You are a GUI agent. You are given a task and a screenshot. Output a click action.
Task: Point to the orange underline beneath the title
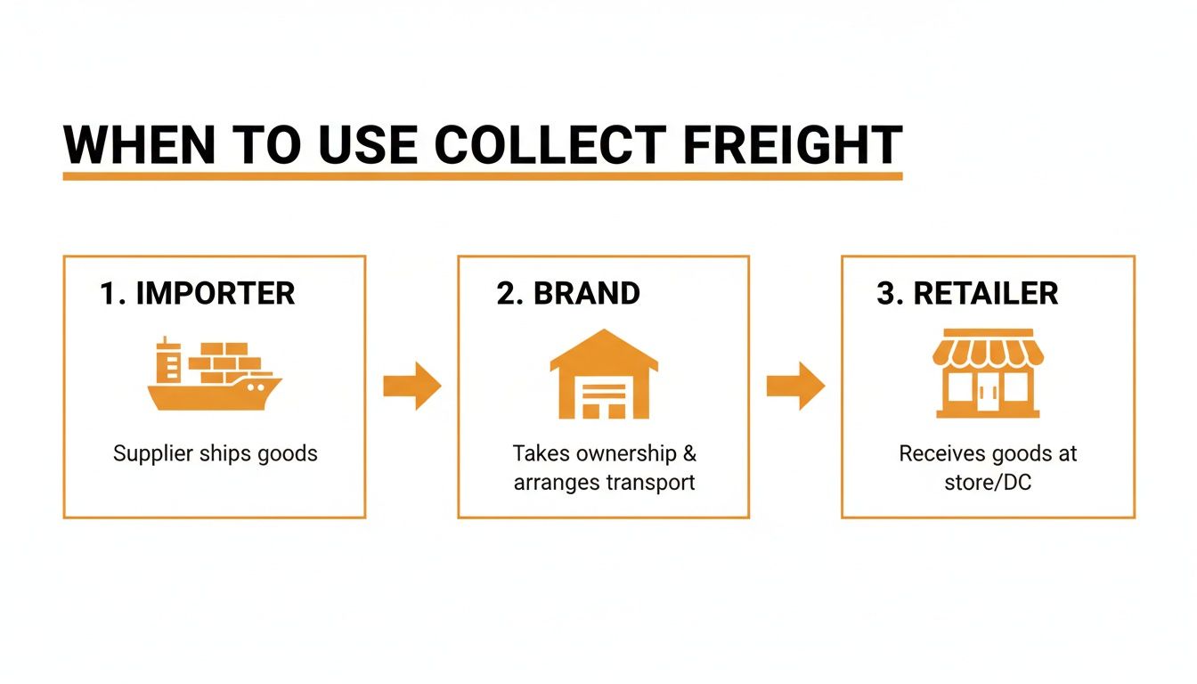[x=482, y=176]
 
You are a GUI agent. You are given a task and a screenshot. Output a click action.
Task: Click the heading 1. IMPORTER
[x=197, y=293]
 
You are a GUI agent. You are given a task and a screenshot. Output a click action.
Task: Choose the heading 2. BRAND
[x=568, y=293]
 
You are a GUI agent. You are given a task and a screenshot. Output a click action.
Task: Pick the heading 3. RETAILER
[x=967, y=293]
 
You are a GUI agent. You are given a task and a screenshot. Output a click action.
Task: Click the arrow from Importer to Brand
[x=411, y=386]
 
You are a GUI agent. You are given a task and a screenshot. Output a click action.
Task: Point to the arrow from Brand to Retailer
[x=795, y=386]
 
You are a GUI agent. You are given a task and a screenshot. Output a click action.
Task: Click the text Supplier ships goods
[x=215, y=453]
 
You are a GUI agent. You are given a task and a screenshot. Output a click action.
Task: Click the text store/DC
[x=988, y=483]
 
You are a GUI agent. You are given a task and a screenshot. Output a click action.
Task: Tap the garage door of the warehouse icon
[x=604, y=397]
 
